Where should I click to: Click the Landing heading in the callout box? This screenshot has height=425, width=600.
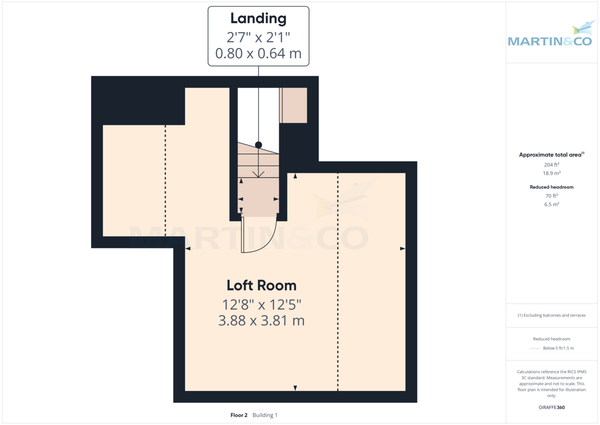[258, 19]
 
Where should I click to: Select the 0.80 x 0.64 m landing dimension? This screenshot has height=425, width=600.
[258, 53]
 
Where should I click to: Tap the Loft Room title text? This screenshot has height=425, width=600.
[261, 285]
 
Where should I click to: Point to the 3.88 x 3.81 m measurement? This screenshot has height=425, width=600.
[261, 320]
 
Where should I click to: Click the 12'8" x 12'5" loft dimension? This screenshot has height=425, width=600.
[261, 304]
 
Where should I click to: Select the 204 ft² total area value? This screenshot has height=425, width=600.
[551, 164]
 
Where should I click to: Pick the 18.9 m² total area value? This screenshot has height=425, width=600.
[551, 173]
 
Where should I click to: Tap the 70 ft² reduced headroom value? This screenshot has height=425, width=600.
[551, 196]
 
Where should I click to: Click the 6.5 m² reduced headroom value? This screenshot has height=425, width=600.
[551, 204]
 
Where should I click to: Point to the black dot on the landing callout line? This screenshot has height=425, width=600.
[258, 145]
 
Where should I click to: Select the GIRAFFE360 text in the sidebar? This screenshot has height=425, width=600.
[551, 407]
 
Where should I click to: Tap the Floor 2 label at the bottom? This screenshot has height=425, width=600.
[239, 415]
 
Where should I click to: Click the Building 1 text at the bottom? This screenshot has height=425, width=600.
[265, 415]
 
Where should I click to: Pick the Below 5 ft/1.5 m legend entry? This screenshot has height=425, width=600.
[558, 348]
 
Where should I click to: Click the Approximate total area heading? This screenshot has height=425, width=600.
[551, 155]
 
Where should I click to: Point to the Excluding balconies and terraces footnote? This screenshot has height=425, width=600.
[551, 315]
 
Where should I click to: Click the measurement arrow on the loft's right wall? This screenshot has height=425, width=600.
[402, 248]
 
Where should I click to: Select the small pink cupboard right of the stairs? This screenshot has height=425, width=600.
[293, 105]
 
